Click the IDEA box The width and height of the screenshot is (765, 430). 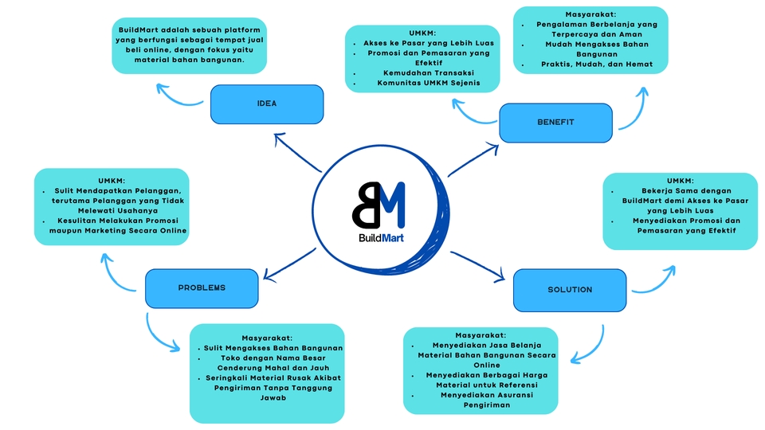click(x=267, y=104)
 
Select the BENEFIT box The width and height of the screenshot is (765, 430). click(x=555, y=123)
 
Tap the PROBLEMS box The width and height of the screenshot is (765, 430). click(x=202, y=287)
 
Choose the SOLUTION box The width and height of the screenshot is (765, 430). click(x=569, y=290)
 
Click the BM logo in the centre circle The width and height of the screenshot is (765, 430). click(x=379, y=205)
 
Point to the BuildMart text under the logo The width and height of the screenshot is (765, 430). click(x=379, y=236)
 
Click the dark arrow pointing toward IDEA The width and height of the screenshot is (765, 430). click(x=296, y=152)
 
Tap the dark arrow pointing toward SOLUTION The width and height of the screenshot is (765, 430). click(x=478, y=265)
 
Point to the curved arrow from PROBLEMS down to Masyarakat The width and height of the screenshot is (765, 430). click(x=159, y=335)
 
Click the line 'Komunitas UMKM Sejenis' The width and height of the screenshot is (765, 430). click(x=422, y=82)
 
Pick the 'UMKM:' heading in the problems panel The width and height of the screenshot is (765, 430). click(x=112, y=181)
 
